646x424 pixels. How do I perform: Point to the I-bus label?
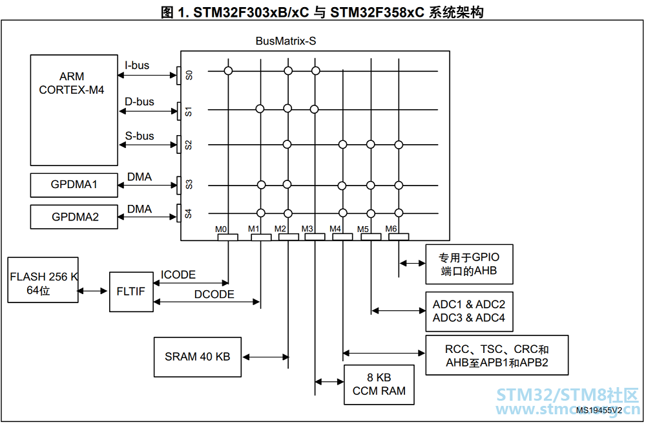click(137, 65)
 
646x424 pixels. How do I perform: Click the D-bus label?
click(140, 101)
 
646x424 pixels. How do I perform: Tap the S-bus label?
click(140, 136)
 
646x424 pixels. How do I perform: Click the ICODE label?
click(178, 275)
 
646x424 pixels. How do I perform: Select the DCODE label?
click(214, 294)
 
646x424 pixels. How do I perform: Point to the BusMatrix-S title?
click(286, 41)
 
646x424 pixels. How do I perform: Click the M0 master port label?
click(221, 229)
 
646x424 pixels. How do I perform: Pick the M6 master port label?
click(391, 229)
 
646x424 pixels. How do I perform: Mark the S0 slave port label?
click(189, 75)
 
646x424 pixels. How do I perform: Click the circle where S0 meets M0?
click(228, 71)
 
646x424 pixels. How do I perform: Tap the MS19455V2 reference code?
click(599, 410)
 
